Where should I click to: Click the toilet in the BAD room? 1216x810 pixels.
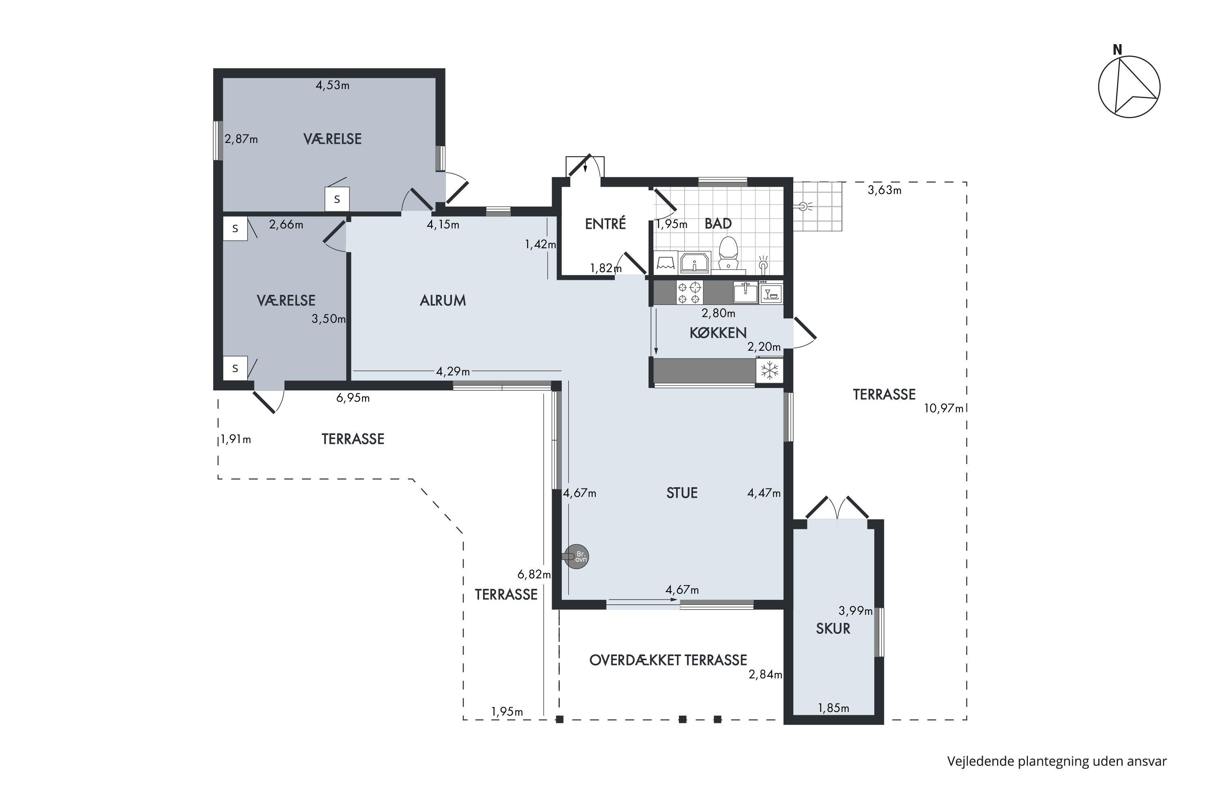coord(728,254)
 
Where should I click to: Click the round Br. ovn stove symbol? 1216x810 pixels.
coord(576,557)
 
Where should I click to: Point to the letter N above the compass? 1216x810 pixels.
coord(1117,49)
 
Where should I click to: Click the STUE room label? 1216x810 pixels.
coord(682,493)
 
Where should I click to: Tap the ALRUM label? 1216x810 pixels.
coord(443,301)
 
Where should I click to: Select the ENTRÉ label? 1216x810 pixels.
coord(606,223)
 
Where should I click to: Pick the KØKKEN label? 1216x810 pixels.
coord(718,333)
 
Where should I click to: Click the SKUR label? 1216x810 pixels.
coord(833,629)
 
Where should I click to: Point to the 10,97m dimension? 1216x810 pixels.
coord(944,409)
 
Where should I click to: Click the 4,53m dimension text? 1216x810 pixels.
coord(332,85)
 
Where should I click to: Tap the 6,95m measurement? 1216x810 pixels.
coord(353,398)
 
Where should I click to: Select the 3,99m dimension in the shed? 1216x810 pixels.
coord(856,611)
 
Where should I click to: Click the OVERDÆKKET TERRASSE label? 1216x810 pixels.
coord(668,660)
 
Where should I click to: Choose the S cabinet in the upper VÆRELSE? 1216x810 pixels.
coord(337,199)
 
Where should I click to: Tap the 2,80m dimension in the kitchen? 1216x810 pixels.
coord(718,313)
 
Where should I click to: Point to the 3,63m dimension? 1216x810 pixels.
coord(884,190)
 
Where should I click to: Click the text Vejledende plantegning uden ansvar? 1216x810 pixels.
coord(1057,761)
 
